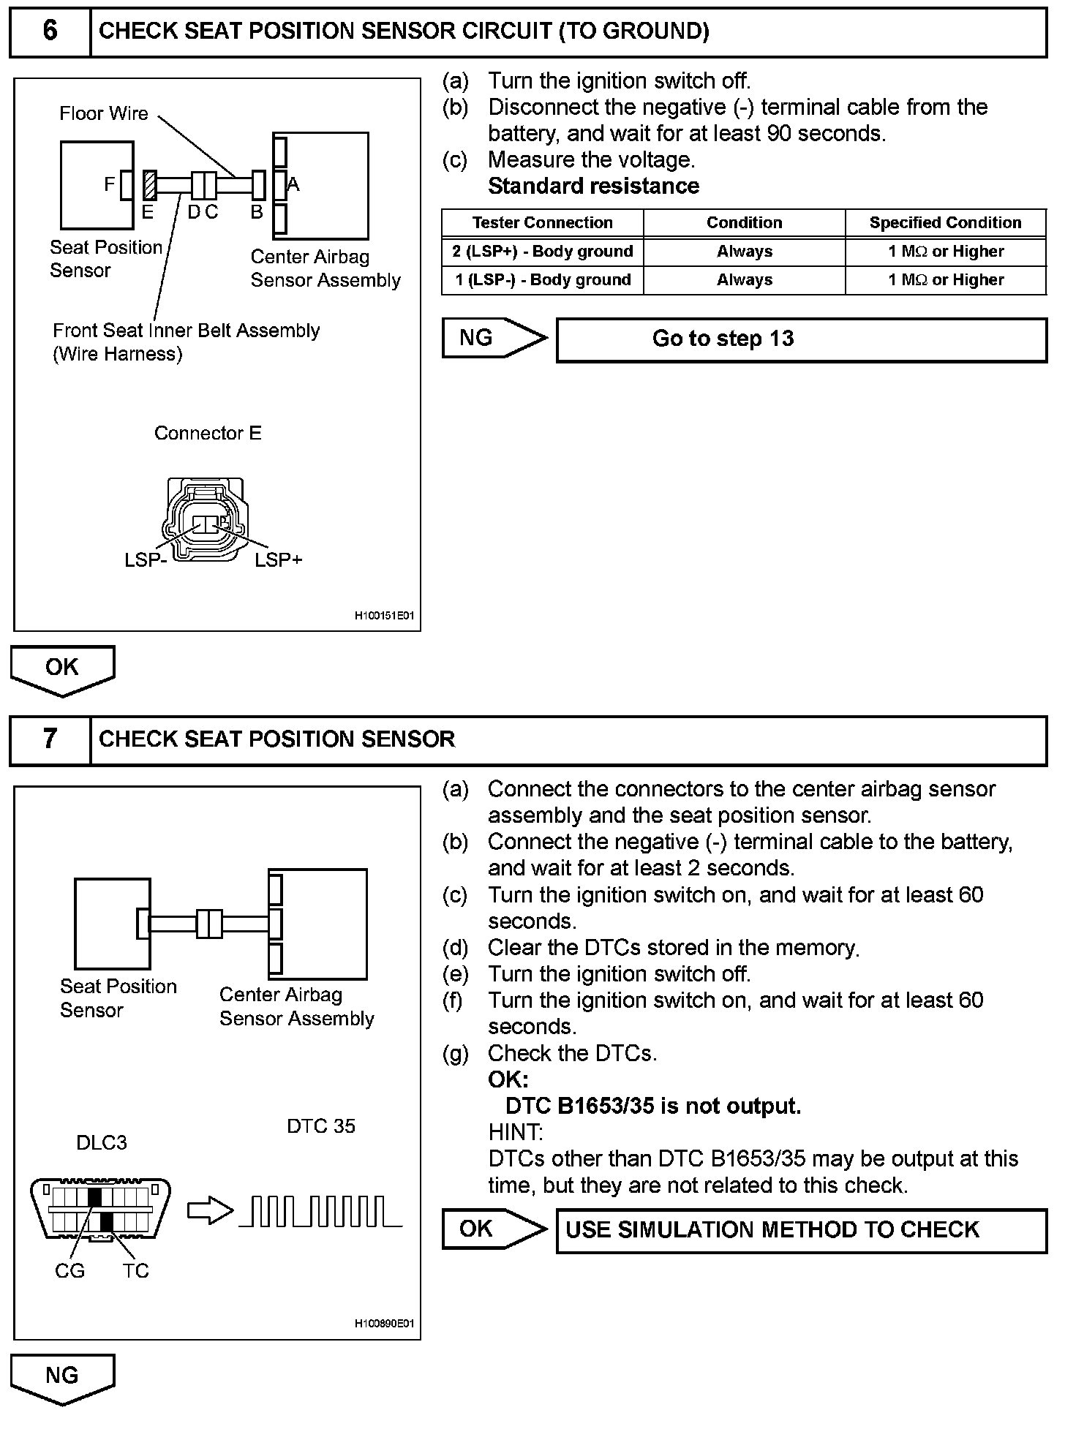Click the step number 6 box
click(x=50, y=31)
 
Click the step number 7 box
click(x=50, y=739)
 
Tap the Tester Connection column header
click(x=542, y=222)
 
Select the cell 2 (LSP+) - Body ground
click(x=542, y=252)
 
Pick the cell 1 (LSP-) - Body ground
click(x=542, y=280)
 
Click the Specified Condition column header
click(x=945, y=222)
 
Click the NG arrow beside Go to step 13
click(x=494, y=338)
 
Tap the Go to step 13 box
click(x=801, y=339)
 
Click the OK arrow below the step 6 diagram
click(x=62, y=668)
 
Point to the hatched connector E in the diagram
click(x=150, y=185)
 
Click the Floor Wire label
click(x=104, y=113)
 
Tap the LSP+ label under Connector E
click(x=279, y=560)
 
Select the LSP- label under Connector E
click(x=146, y=560)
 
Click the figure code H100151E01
click(x=384, y=616)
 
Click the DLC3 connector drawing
click(x=101, y=1211)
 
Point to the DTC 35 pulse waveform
click(x=320, y=1211)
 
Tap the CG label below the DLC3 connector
click(x=69, y=1272)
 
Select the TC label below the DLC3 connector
click(x=136, y=1272)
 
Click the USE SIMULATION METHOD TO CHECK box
click(x=801, y=1230)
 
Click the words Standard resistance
click(x=593, y=186)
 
